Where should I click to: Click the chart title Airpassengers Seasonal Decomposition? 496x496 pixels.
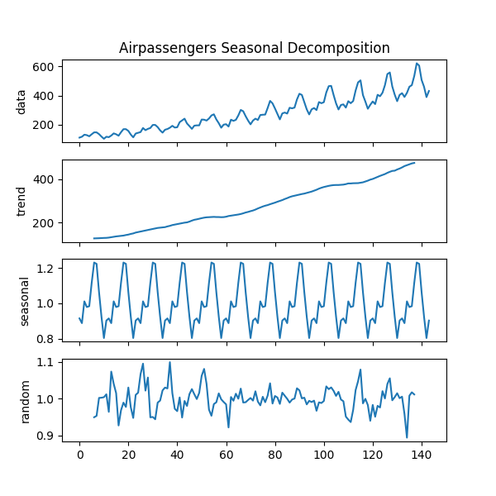(x=254, y=48)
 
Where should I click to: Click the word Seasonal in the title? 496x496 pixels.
(x=265, y=48)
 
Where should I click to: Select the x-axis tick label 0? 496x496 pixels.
(x=79, y=455)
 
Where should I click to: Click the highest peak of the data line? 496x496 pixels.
(x=417, y=63)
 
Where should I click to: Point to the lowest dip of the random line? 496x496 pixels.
(x=407, y=437)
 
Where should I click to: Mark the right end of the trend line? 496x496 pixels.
(x=414, y=163)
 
